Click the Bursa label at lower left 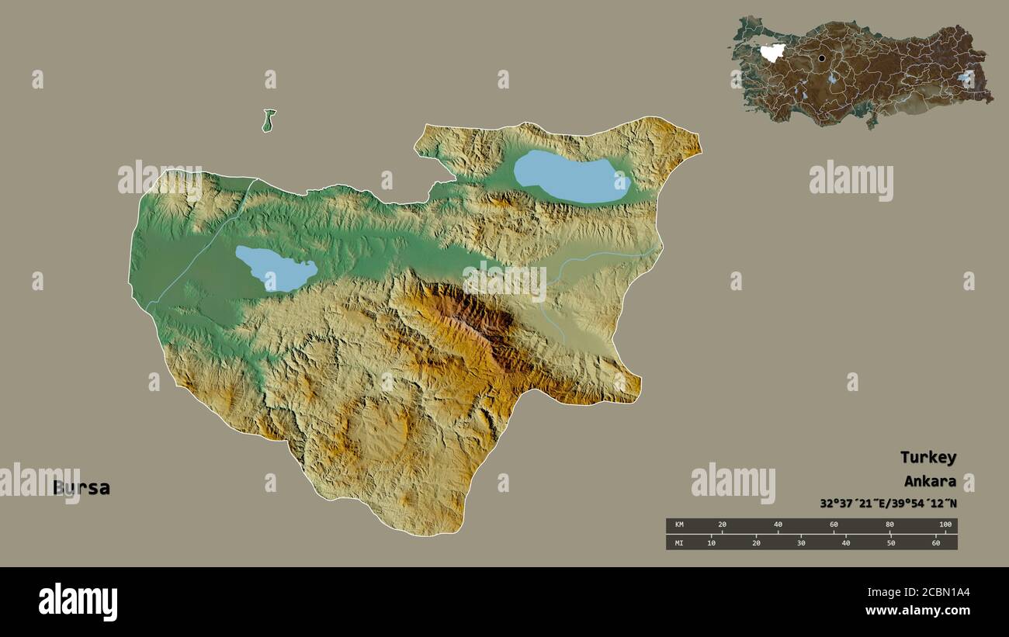[81, 488]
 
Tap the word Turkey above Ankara [928, 457]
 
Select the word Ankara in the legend [929, 480]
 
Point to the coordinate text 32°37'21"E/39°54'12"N [888, 504]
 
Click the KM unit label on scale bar [679, 525]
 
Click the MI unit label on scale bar [679, 542]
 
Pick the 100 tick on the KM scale [945, 525]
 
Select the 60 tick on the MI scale [935, 542]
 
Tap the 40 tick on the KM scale [778, 525]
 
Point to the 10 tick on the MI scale [711, 542]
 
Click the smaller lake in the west [276, 268]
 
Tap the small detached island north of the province [269, 120]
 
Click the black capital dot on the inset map [821, 58]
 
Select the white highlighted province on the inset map [772, 53]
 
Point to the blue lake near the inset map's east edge [965, 78]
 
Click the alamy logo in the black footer [78, 602]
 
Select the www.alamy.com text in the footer [917, 611]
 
